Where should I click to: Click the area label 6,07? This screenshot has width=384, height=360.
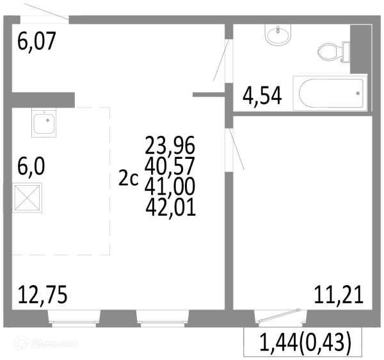pyautogui.click(x=36, y=41)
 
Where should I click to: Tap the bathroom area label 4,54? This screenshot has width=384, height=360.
pyautogui.click(x=262, y=96)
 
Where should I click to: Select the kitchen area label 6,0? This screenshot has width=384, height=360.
pyautogui.click(x=31, y=167)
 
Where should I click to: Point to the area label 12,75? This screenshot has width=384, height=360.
pyautogui.click(x=43, y=294)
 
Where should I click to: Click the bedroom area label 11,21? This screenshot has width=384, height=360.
pyautogui.click(x=339, y=294)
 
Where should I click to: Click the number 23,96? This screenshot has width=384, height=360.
pyautogui.click(x=170, y=145)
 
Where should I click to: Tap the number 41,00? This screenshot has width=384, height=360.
pyautogui.click(x=170, y=186)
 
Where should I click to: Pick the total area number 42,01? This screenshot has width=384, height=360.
pyautogui.click(x=171, y=207)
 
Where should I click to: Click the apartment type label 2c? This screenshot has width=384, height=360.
pyautogui.click(x=129, y=178)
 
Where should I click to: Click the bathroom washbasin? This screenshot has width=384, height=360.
pyautogui.click(x=278, y=35)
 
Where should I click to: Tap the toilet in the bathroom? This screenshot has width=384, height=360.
pyautogui.click(x=333, y=52)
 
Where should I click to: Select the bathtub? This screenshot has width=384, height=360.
pyautogui.click(x=330, y=93)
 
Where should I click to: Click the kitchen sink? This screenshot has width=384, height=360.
pyautogui.click(x=44, y=122)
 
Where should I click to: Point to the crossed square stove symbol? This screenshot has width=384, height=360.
pyautogui.click(x=27, y=197)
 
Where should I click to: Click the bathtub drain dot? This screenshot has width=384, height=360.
pyautogui.click(x=358, y=94)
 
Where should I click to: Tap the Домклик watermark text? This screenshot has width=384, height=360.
pyautogui.click(x=54, y=343)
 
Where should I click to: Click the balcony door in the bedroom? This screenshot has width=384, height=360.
pyautogui.click(x=280, y=315)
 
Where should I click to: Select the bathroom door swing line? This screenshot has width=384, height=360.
pyautogui.click(x=221, y=60)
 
